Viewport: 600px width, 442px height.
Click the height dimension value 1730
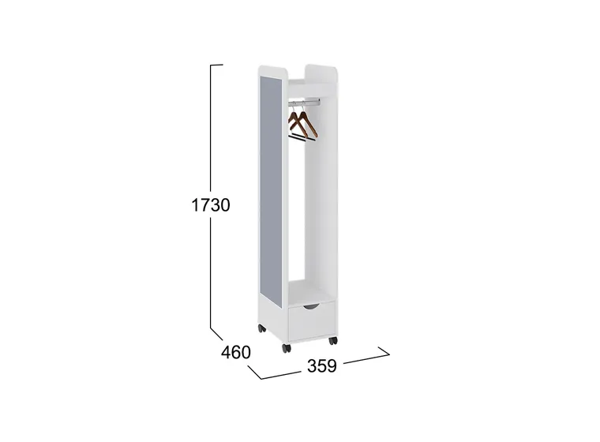(x=211, y=205)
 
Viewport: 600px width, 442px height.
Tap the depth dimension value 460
(x=236, y=352)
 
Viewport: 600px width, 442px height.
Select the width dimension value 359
(x=322, y=366)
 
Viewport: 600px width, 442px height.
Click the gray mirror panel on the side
(x=271, y=190)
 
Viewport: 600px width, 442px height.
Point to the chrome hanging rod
(x=304, y=102)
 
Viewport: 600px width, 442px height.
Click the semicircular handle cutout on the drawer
(x=312, y=306)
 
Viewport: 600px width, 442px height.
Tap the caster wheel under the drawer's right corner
(x=333, y=340)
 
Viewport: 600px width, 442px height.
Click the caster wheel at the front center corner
(x=287, y=348)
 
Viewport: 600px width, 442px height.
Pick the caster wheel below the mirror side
(x=262, y=328)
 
